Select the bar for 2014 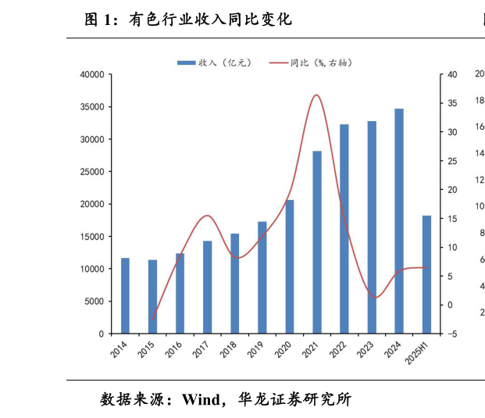125,295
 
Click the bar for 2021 317,242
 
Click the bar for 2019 262,277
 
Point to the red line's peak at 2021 316,95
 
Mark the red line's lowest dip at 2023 376,298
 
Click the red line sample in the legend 278,63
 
